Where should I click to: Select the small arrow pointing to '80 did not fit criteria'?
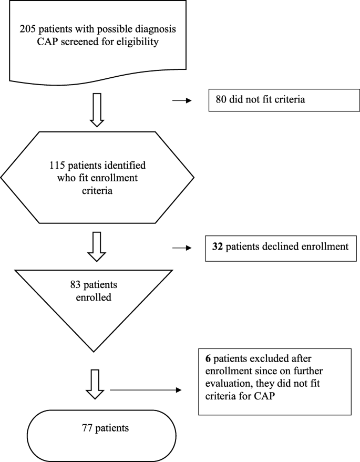coord(182,98)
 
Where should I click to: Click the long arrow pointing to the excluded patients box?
coord(145,391)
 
